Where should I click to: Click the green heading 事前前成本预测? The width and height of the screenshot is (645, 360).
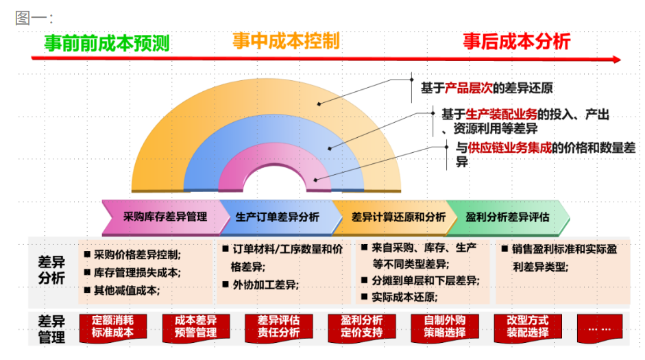coord(107,43)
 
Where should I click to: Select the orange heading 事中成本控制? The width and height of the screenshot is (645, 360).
coord(287,40)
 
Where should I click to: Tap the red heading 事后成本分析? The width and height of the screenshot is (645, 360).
coord(517,41)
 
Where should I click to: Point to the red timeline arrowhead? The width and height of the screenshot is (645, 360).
coord(617,60)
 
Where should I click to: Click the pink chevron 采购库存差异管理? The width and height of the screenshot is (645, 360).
coord(165,217)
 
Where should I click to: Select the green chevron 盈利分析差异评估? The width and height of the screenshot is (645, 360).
coord(508,217)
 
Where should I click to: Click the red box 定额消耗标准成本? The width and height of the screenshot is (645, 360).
coord(112,327)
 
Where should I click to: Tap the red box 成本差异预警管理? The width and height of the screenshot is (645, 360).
coord(196,327)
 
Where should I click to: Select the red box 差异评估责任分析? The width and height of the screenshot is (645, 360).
coord(279,327)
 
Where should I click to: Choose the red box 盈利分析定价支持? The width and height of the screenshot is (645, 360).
coord(362,327)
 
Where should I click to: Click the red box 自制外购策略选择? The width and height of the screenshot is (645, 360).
coord(445,327)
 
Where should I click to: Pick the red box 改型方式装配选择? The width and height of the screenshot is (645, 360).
coord(528,327)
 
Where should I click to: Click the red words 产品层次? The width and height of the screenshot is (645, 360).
coord(469,88)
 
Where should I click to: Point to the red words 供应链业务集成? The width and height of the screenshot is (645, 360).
coord(510,147)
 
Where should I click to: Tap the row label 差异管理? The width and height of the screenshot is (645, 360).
coord(51,329)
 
